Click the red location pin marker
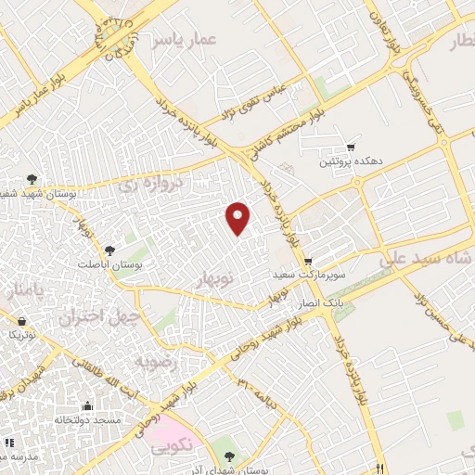[x=238, y=217]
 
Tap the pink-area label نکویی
[x=176, y=444]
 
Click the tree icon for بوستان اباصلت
[x=110, y=250]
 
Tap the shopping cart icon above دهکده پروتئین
[x=351, y=147]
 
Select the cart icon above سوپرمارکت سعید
[x=308, y=261]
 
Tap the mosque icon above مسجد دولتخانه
[x=88, y=405]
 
